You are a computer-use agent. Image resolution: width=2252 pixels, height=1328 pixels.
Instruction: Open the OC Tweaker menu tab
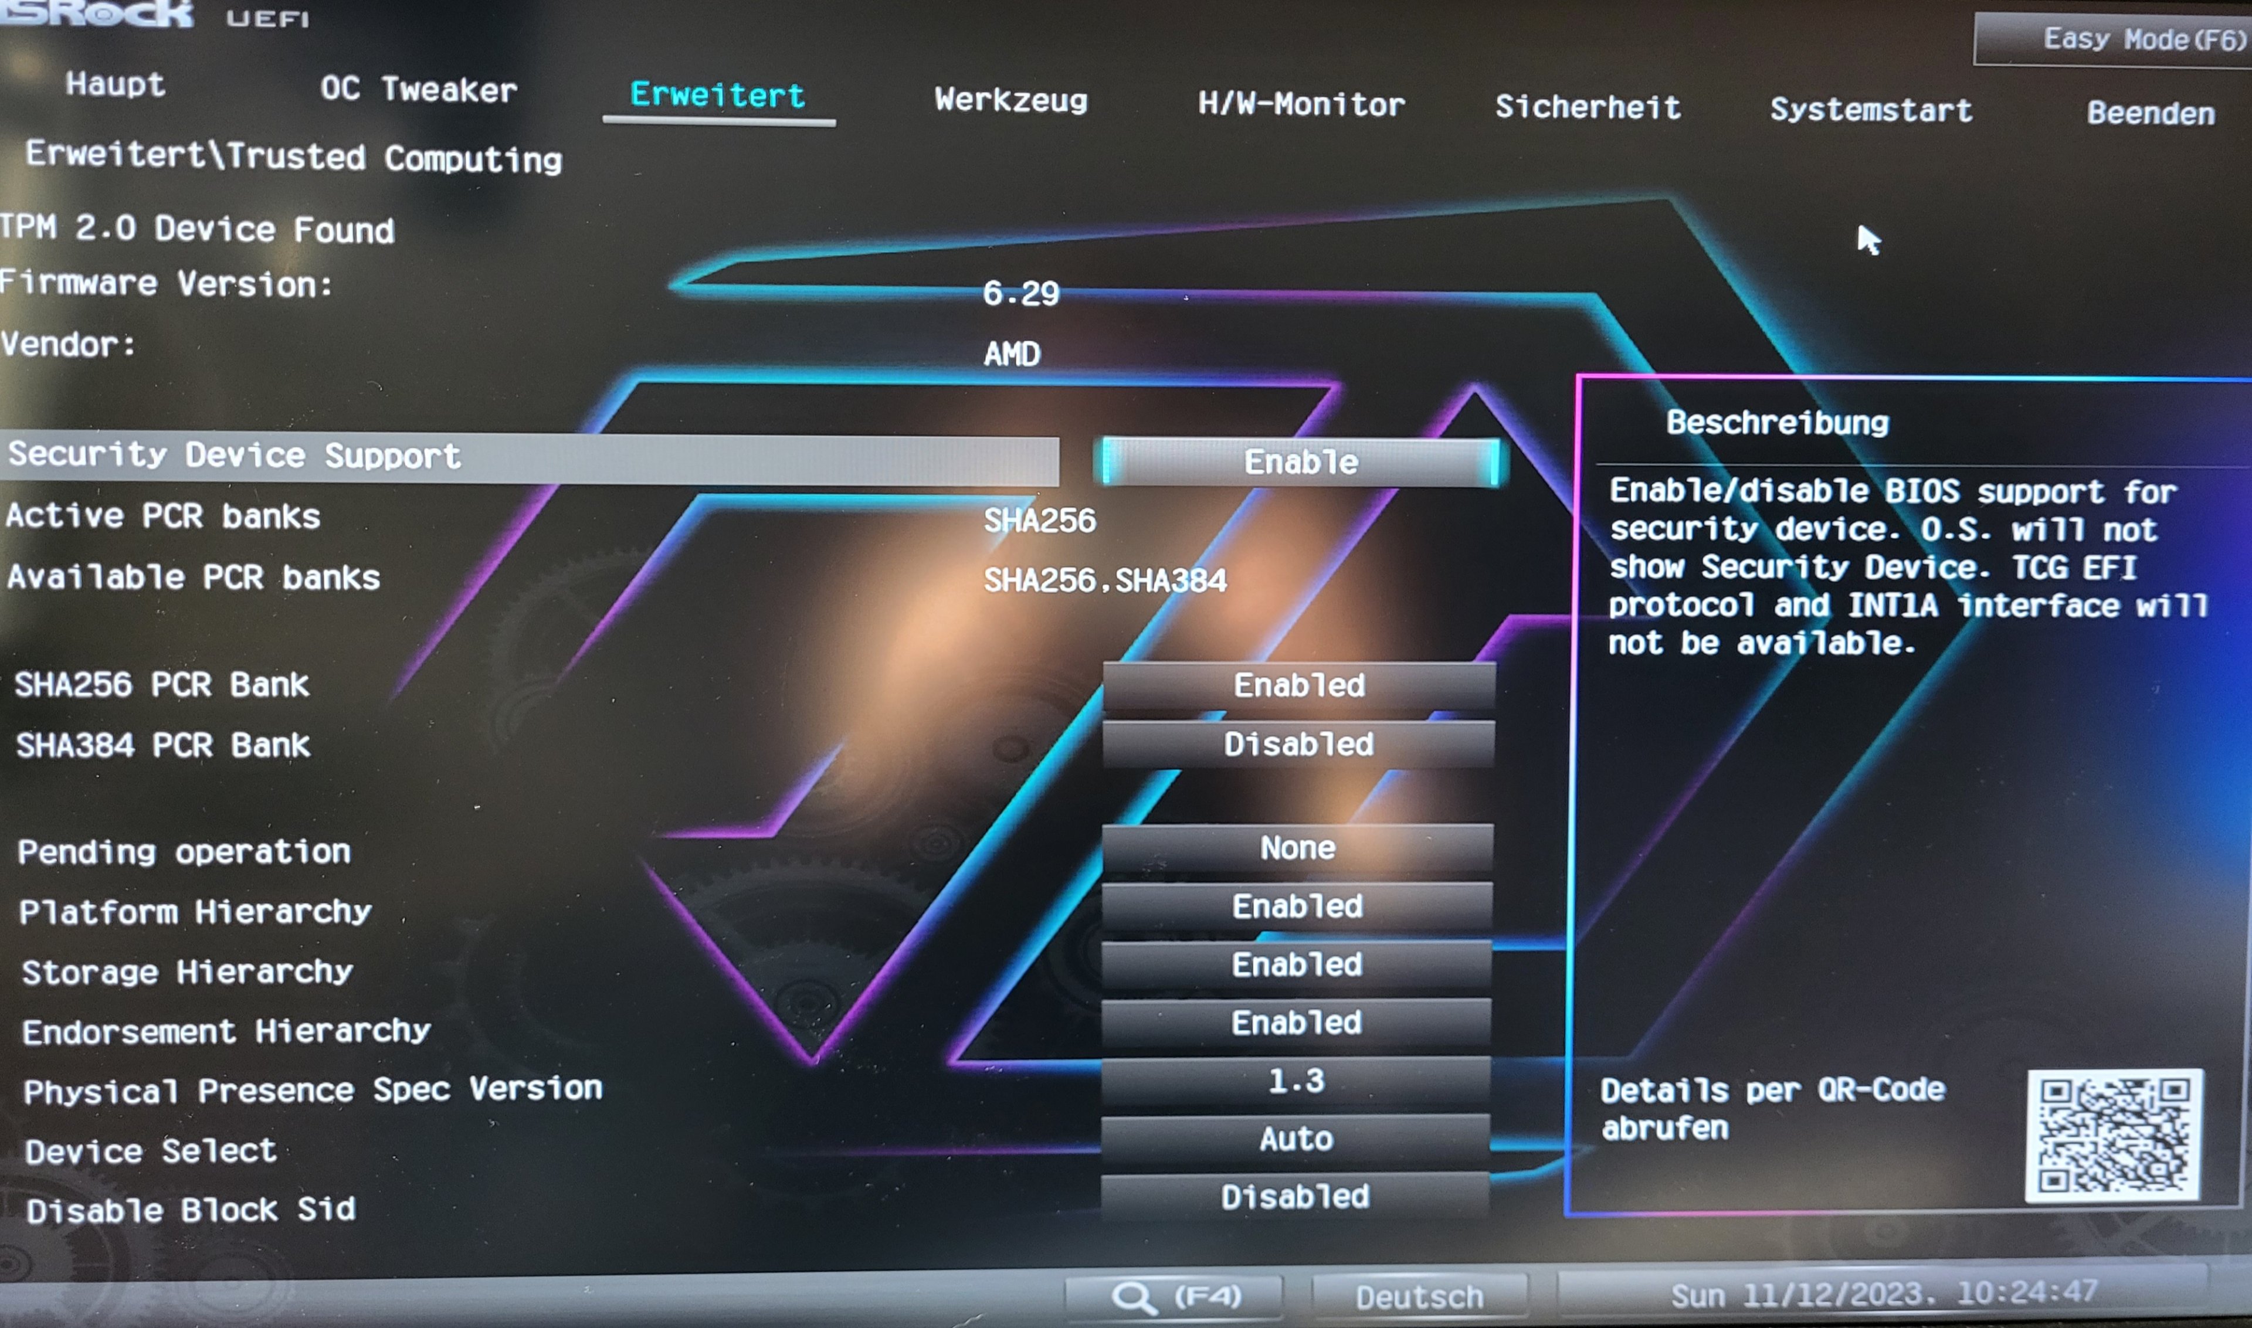418,90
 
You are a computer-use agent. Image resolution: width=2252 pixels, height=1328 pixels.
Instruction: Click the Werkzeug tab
1010,99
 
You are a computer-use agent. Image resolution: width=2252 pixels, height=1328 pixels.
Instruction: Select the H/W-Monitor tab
1301,105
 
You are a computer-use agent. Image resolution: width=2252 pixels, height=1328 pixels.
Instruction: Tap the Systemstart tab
1871,110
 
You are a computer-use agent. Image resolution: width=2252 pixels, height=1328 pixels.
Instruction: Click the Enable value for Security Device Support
1301,462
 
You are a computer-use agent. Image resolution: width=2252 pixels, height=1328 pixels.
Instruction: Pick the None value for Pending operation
1297,847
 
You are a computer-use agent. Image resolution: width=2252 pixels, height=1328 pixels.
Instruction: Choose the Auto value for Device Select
1296,1139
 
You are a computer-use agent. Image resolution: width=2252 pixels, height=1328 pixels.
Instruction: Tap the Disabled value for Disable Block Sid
1295,1197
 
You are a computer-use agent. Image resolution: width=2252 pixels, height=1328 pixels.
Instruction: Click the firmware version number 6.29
1020,293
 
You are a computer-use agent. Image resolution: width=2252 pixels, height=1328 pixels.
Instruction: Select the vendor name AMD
1012,354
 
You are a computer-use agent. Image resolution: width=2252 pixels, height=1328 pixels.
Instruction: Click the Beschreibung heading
1777,422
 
